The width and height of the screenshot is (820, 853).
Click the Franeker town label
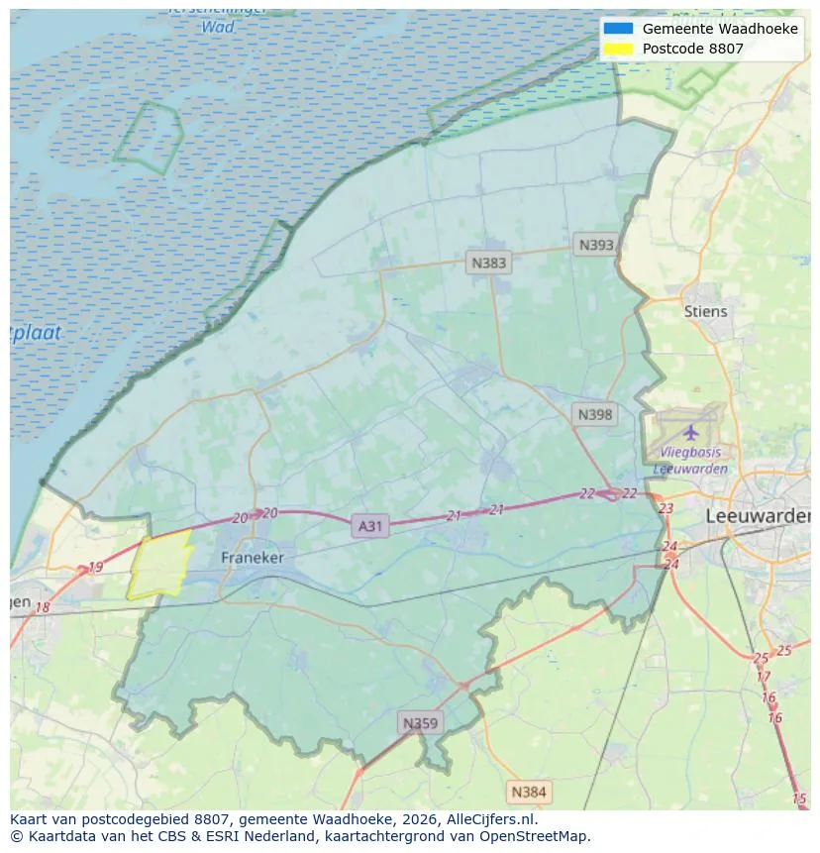[x=252, y=558]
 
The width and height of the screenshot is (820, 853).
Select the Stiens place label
[x=705, y=311]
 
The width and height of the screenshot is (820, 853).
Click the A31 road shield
[x=369, y=526]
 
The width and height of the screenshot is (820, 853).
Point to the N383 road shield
[x=488, y=263]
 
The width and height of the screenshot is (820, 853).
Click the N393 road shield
[x=596, y=245]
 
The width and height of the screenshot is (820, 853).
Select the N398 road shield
[x=595, y=414]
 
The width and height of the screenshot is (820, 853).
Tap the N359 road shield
[x=419, y=723]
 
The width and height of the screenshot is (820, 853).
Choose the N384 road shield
[x=528, y=792]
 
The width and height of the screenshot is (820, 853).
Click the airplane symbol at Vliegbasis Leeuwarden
[x=690, y=432]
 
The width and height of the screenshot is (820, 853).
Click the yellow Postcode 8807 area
[x=158, y=567]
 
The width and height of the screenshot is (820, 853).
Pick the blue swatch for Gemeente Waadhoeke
[x=618, y=29]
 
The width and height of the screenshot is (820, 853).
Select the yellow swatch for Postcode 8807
[x=618, y=49]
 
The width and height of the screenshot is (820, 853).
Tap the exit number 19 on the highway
[x=95, y=568]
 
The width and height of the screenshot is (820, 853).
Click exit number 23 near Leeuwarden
[x=666, y=508]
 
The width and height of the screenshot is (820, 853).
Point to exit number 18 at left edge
[x=42, y=607]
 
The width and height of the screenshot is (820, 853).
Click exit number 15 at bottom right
[x=799, y=799]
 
